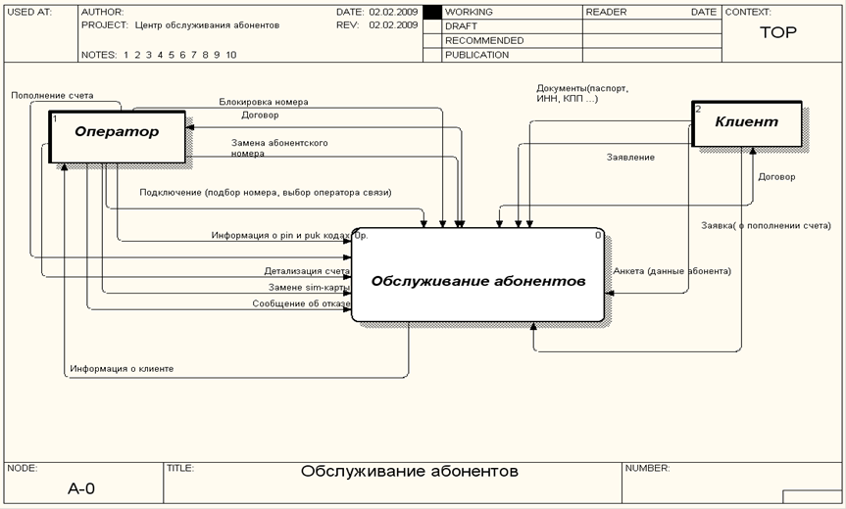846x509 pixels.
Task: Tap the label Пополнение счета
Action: (x=52, y=96)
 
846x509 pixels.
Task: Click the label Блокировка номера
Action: (x=264, y=102)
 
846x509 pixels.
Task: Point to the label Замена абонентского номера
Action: (x=279, y=148)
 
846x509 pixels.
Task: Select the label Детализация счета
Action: (x=306, y=271)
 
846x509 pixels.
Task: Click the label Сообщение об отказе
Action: (x=301, y=303)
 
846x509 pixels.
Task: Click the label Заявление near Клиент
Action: (x=630, y=157)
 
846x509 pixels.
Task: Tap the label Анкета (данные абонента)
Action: (x=672, y=271)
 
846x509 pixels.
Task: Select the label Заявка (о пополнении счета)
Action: (x=766, y=226)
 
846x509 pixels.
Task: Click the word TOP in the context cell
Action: (x=778, y=33)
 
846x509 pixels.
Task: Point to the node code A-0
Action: (x=81, y=487)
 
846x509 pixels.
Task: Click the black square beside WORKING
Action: (x=431, y=12)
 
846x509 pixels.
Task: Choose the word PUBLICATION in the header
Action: (x=476, y=55)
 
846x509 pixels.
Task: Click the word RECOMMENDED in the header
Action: (x=483, y=41)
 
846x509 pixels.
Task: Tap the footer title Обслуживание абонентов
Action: (x=410, y=472)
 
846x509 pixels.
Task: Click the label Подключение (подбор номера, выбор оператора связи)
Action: (x=265, y=193)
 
